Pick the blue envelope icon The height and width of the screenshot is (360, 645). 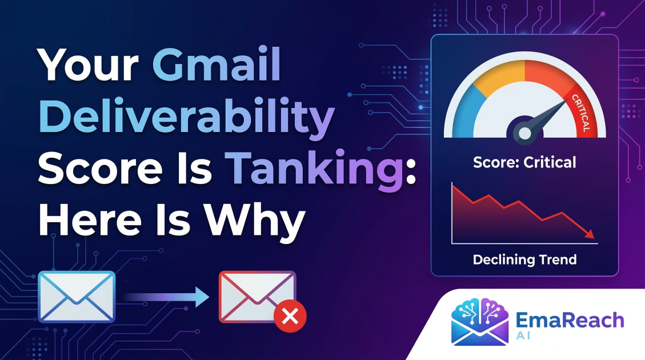click(x=77, y=297)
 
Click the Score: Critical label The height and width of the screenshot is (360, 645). click(x=524, y=162)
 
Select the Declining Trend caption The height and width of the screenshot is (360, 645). click(x=524, y=260)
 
